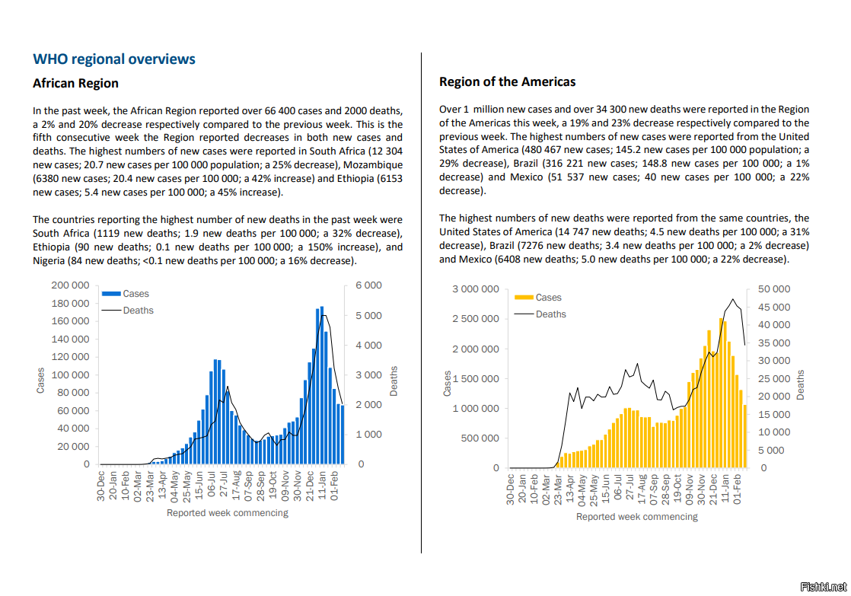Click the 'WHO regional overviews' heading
click(114, 59)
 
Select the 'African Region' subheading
click(75, 83)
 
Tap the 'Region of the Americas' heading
click(507, 82)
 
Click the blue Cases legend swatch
click(111, 294)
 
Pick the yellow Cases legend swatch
click(524, 298)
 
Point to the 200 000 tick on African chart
click(70, 285)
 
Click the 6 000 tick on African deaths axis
click(368, 285)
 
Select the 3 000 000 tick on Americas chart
click(476, 288)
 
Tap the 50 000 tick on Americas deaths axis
click(774, 288)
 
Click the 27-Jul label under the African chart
click(224, 484)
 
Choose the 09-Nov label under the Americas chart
click(690, 489)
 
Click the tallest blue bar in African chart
click(322, 385)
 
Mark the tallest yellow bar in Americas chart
click(722, 393)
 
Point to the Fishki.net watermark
click(824, 587)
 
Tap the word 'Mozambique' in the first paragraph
click(373, 164)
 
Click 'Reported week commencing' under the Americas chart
click(636, 517)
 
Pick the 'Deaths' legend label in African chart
click(138, 311)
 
